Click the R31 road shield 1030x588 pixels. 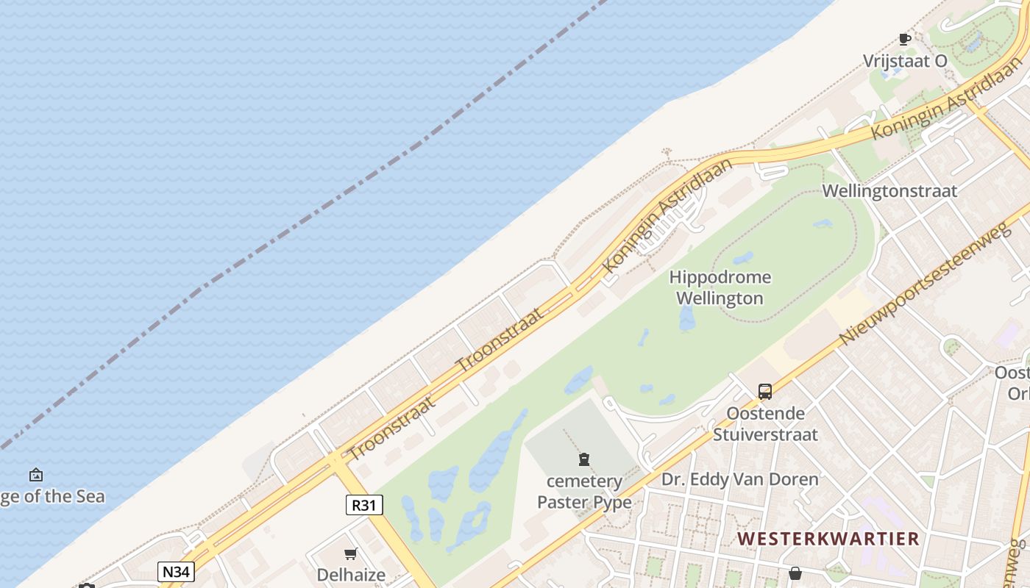(x=364, y=505)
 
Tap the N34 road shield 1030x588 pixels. (x=176, y=571)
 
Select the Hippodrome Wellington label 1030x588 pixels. (x=720, y=287)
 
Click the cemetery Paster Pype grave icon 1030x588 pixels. (x=584, y=459)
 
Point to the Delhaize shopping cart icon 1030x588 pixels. (x=351, y=553)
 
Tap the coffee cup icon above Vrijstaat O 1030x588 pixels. (x=904, y=39)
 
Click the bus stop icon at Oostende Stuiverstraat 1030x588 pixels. (x=765, y=392)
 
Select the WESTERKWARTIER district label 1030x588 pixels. (x=828, y=539)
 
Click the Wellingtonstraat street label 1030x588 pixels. (x=889, y=191)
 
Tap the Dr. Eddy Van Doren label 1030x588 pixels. (x=739, y=480)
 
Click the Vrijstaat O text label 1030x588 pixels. (x=905, y=61)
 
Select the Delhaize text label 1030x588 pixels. (x=351, y=574)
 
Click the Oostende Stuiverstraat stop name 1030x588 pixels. (x=765, y=423)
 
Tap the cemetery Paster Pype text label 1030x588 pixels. (x=584, y=492)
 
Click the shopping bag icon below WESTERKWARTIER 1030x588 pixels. (x=795, y=573)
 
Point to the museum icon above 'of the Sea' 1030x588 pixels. (x=35, y=476)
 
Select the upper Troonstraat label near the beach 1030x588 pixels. (x=500, y=340)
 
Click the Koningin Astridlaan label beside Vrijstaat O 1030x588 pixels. (x=946, y=98)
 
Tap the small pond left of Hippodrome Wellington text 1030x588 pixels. (x=687, y=318)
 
